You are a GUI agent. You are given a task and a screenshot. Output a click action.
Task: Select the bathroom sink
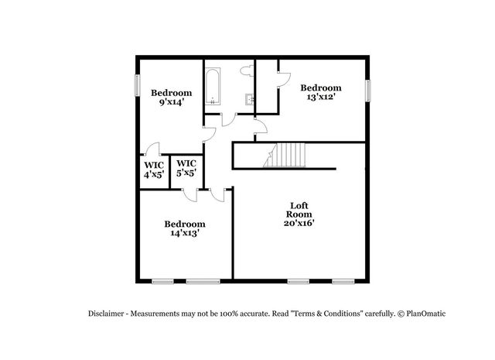coord(249,99)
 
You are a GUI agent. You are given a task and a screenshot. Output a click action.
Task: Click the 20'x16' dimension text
coord(299,223)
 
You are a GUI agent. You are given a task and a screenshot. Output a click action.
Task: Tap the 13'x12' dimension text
coord(320,98)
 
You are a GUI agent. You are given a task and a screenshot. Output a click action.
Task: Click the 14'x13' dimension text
coord(183,233)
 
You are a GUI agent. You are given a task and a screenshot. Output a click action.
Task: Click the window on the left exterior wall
coord(137,84)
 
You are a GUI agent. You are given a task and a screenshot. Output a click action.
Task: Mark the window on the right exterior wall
coord(368,90)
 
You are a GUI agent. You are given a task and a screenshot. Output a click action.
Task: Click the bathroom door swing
coord(229,121)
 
